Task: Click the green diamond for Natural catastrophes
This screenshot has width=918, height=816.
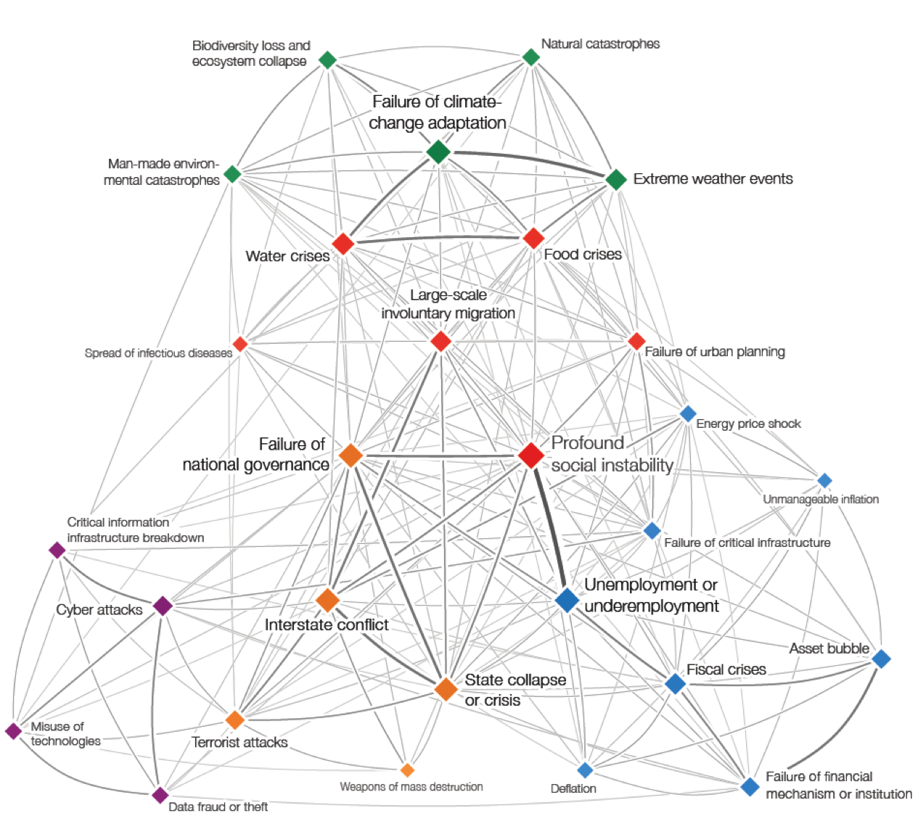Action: point(531,57)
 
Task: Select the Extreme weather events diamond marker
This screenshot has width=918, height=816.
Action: point(615,179)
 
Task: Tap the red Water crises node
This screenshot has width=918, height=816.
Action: point(343,244)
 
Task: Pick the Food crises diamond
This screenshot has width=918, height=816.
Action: point(533,238)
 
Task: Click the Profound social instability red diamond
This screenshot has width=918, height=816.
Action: point(531,456)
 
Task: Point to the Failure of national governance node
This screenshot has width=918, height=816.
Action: point(351,456)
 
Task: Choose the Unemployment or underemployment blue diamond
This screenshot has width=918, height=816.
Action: point(567,601)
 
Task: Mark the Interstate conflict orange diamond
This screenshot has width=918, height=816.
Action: point(328,600)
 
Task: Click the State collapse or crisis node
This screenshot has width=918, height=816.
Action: point(446,688)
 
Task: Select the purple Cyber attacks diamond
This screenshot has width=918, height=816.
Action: point(163,606)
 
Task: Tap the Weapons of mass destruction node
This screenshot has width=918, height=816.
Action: point(408,770)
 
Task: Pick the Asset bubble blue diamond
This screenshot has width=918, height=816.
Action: point(881,659)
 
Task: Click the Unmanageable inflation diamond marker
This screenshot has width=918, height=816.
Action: point(824,480)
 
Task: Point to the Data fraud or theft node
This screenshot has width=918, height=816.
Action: point(160,795)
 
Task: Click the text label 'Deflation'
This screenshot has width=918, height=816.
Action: point(573,788)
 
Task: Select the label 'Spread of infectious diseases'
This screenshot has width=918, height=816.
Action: point(158,353)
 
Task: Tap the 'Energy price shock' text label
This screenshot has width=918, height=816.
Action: point(748,424)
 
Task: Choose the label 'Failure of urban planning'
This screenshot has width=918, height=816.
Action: point(715,352)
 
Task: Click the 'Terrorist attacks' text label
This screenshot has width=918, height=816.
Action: point(239,742)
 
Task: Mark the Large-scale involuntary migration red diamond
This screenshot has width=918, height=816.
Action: point(440,341)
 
